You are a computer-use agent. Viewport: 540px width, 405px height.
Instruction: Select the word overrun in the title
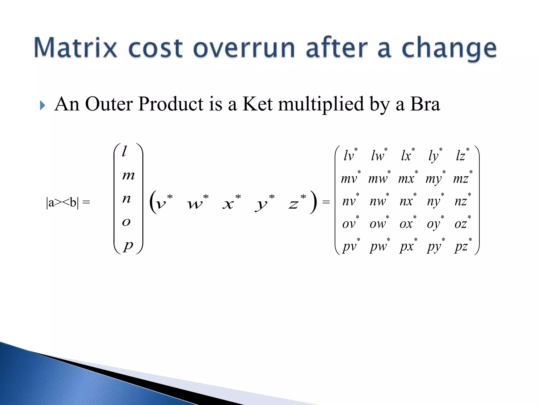click(x=244, y=48)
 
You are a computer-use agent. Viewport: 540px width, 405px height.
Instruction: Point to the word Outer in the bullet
click(x=109, y=104)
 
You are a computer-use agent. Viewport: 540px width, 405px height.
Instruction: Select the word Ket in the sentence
click(x=257, y=104)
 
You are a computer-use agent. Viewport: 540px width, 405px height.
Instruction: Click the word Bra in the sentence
click(x=425, y=104)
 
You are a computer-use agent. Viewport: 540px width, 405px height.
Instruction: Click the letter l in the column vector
click(x=124, y=152)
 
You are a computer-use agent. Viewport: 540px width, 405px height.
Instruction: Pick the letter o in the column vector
click(x=126, y=222)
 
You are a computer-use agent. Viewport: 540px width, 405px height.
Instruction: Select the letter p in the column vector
click(x=128, y=245)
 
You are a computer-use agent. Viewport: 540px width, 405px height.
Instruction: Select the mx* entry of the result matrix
click(x=408, y=178)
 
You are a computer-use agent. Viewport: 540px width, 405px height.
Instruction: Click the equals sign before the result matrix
click(x=326, y=202)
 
